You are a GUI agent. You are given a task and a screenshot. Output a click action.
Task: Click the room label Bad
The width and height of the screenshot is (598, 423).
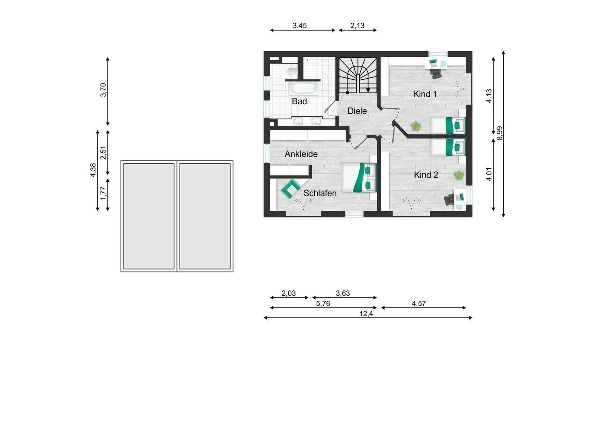click(x=299, y=101)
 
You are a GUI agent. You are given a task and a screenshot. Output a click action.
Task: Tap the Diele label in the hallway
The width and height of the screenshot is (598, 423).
click(x=357, y=111)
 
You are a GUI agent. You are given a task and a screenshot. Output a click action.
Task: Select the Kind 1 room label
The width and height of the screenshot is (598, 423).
click(x=425, y=94)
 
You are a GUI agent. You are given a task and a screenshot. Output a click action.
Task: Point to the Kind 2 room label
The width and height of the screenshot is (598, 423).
click(x=426, y=175)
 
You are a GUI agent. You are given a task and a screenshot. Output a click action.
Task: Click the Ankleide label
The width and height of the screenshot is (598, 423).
click(x=301, y=154)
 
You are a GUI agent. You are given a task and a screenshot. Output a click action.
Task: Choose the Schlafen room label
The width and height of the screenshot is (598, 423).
click(x=320, y=193)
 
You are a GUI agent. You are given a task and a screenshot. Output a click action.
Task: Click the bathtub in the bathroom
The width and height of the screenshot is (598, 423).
click(x=303, y=88)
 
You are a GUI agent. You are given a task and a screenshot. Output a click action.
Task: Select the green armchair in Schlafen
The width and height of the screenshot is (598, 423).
click(x=290, y=189)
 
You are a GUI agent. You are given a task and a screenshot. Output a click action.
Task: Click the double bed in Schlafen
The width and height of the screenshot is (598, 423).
click(x=358, y=177)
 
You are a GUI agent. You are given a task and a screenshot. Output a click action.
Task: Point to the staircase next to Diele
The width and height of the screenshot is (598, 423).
click(x=358, y=76)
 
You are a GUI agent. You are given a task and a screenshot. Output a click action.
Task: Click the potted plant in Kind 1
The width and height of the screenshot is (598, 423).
click(x=415, y=126)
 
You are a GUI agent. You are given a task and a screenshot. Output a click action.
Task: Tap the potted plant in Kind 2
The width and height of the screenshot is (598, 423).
click(x=458, y=175)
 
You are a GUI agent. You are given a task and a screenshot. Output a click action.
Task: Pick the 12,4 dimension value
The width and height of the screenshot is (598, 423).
click(x=366, y=314)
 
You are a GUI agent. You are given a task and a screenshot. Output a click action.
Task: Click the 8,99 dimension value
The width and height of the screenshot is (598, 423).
click(x=500, y=133)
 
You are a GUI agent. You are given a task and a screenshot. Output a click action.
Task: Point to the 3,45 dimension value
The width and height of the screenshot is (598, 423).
click(x=299, y=26)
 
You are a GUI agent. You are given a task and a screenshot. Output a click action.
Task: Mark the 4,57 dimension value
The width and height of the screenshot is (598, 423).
click(x=419, y=304)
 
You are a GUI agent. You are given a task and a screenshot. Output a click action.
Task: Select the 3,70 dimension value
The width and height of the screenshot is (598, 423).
click(x=103, y=90)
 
